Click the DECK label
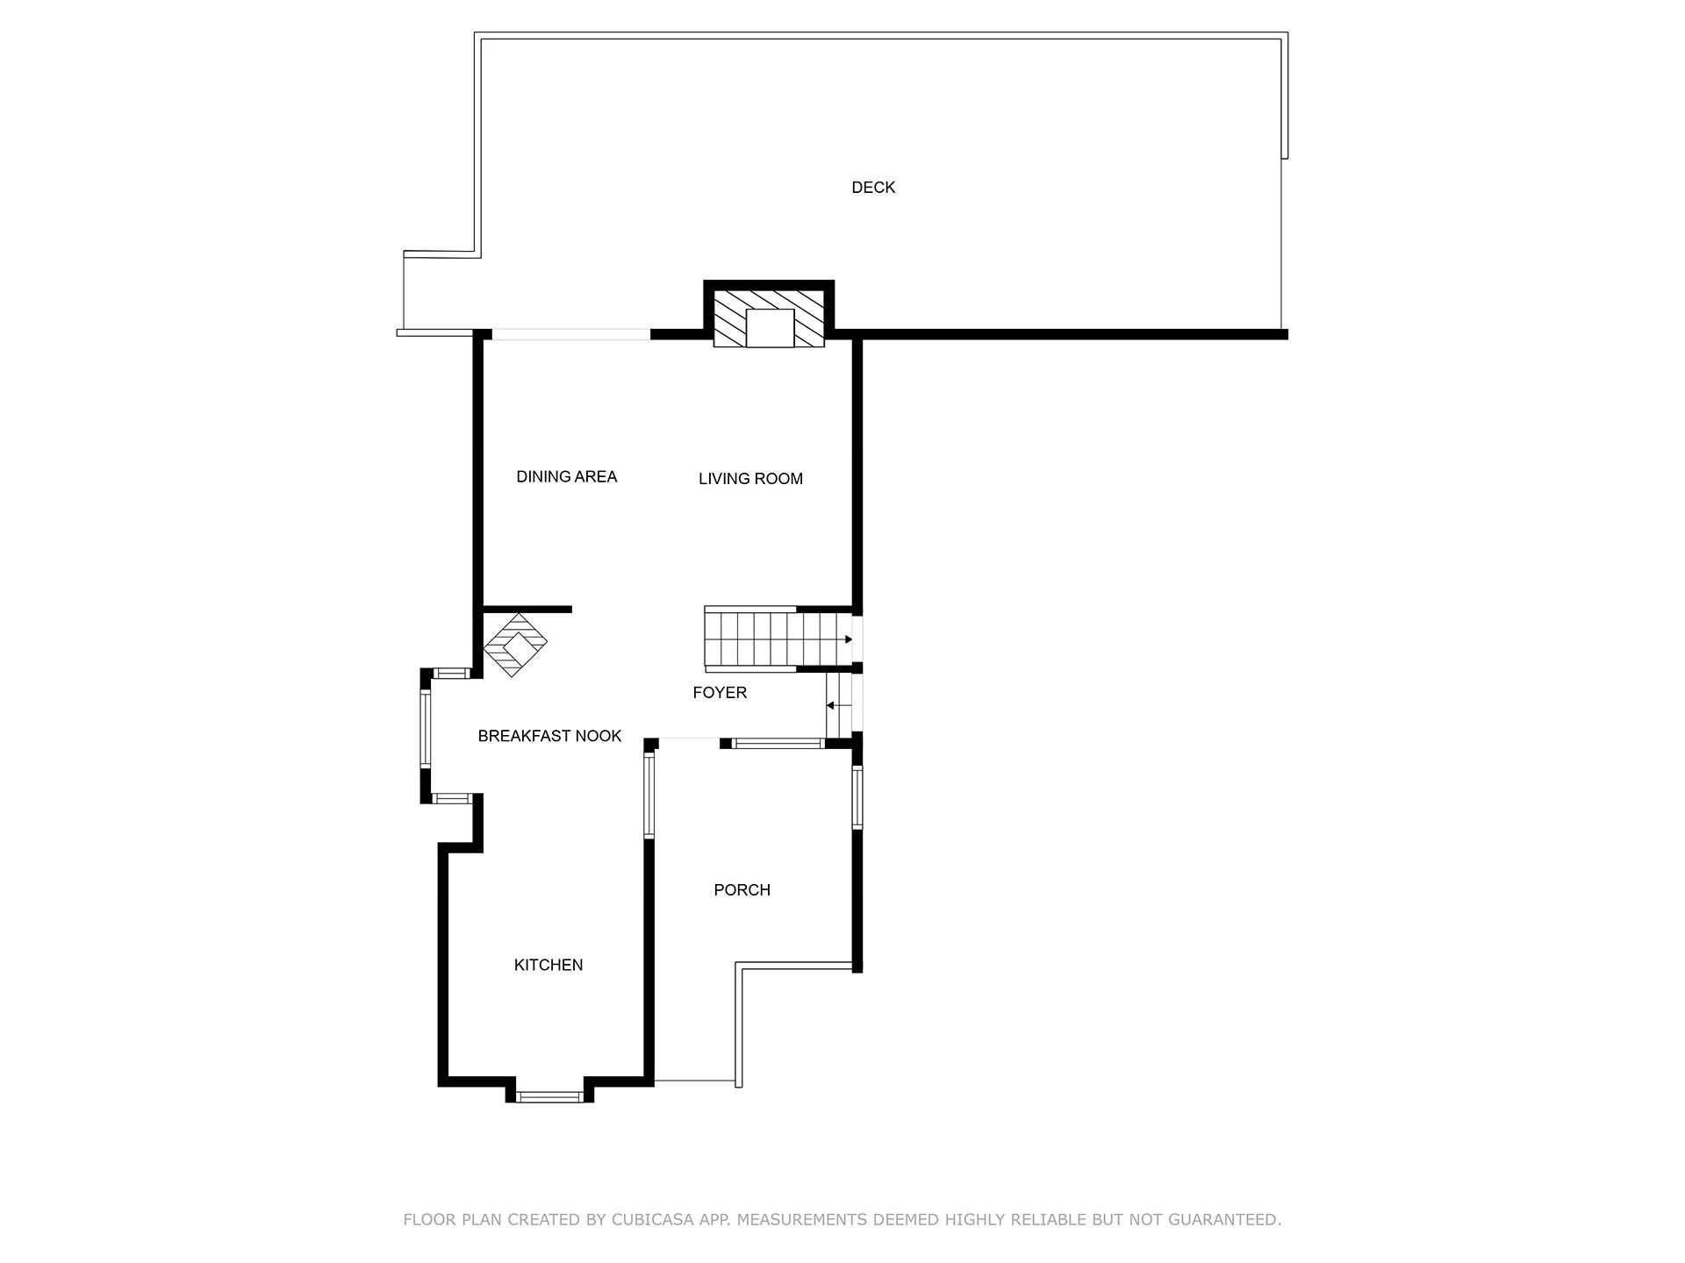[873, 187]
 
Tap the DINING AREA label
[566, 476]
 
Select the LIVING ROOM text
[750, 478]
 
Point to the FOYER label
[720, 692]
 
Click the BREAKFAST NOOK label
[549, 736]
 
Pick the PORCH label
[742, 889]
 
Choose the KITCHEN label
[549, 965]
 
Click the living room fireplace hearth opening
[770, 327]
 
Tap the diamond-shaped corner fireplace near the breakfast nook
[516, 645]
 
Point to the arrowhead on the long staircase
[848, 639]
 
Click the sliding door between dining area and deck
[570, 334]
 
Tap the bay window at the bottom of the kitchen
[549, 1095]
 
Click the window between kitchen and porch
[649, 796]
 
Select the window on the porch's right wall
[857, 797]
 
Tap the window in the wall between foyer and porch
[778, 744]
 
